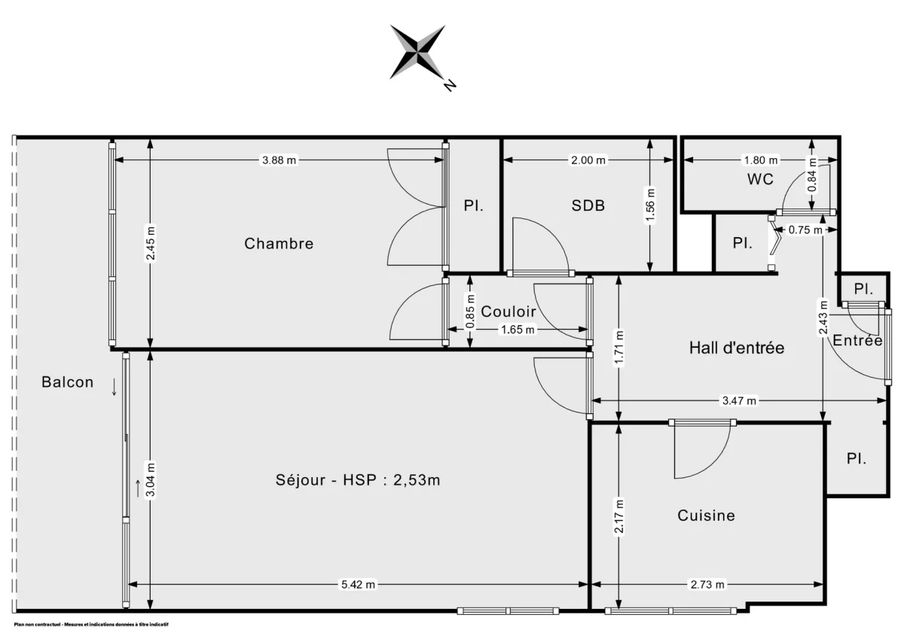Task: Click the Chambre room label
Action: (x=279, y=244)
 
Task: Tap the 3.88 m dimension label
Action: (x=278, y=160)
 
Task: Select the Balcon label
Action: (x=68, y=382)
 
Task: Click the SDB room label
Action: (x=588, y=205)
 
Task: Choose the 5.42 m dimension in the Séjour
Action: (x=358, y=585)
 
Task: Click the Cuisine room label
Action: (x=706, y=516)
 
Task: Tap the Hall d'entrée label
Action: (x=737, y=348)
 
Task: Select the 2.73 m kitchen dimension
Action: (x=707, y=585)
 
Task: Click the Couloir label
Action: (x=508, y=312)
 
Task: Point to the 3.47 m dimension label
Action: (x=739, y=401)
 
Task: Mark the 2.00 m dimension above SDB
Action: (x=588, y=160)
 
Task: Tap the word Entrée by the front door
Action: (x=857, y=341)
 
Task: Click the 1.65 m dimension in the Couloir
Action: (x=518, y=329)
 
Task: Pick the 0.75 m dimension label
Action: (x=805, y=231)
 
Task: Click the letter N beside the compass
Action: (x=450, y=85)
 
